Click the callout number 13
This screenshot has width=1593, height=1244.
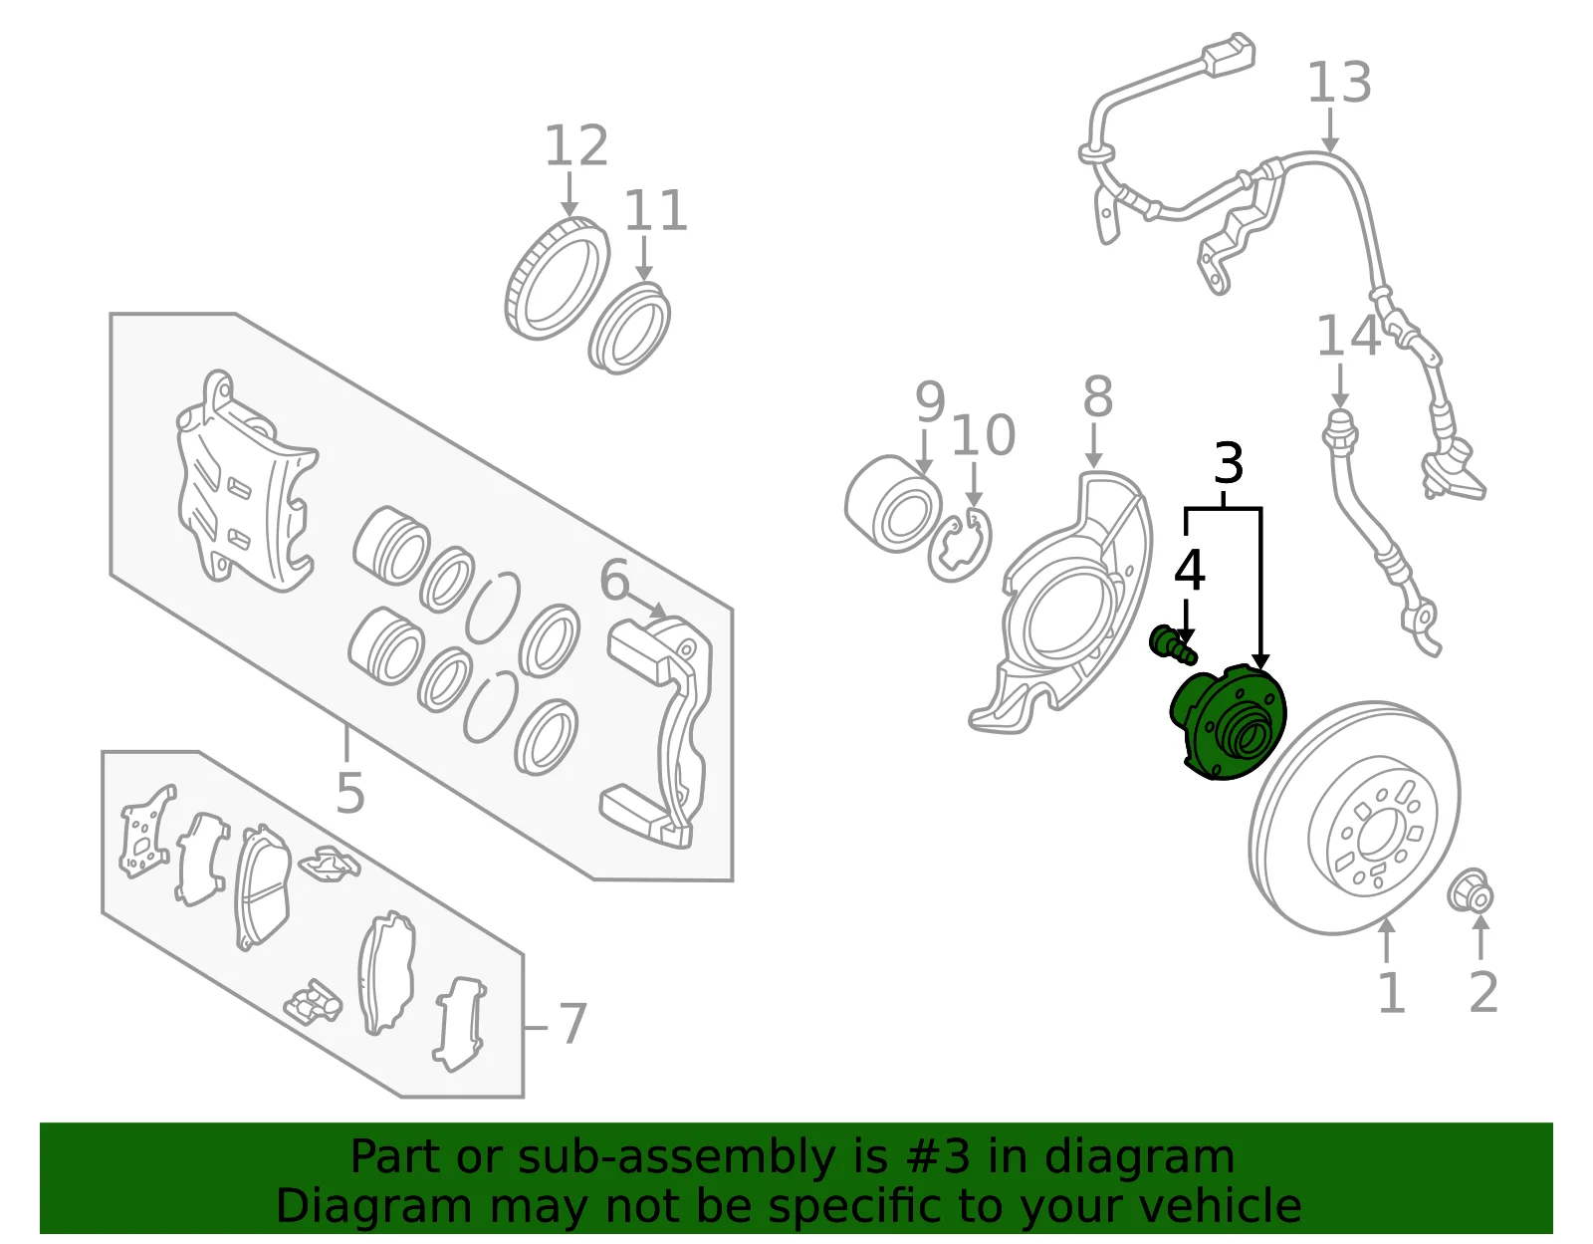point(1339,82)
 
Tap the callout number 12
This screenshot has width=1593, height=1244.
point(576,145)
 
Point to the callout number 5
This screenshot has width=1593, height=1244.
point(349,793)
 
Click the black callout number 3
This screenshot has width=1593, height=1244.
point(1229,463)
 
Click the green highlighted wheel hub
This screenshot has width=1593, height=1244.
point(1228,721)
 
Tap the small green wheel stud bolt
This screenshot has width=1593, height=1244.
point(1173,645)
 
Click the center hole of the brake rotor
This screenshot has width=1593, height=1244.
point(1376,837)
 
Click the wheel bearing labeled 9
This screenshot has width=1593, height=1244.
point(893,504)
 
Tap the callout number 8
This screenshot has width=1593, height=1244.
point(1097,397)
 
